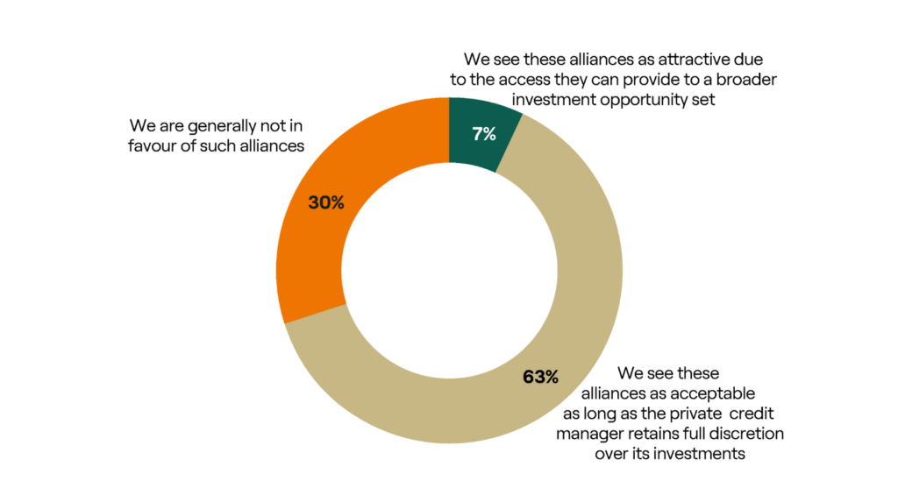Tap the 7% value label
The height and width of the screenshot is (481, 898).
(484, 134)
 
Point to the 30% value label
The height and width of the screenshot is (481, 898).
(326, 202)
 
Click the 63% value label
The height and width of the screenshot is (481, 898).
(540, 377)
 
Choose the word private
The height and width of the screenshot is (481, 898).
(695, 414)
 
